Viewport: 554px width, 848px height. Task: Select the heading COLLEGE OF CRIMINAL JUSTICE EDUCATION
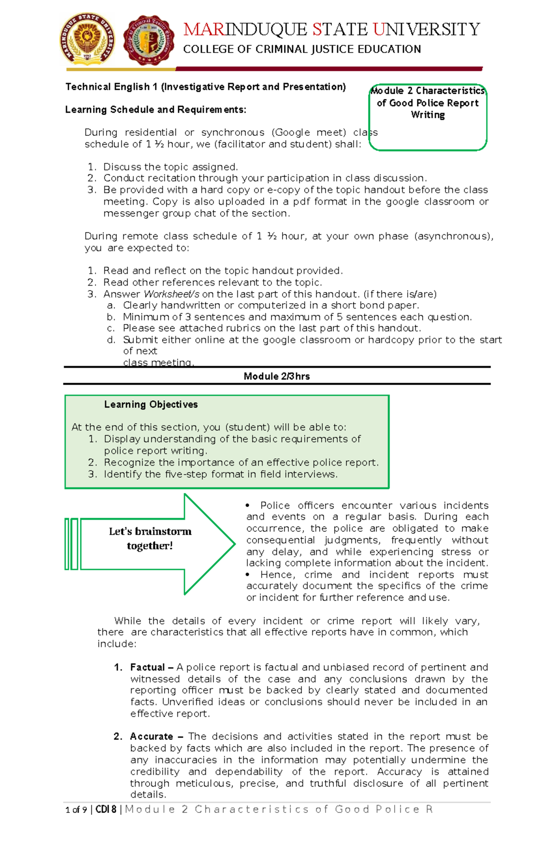[x=302, y=49]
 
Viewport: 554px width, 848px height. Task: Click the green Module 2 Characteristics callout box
[x=428, y=117]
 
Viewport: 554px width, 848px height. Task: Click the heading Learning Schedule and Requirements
[x=156, y=110]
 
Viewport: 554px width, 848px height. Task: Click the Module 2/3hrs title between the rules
[x=277, y=377]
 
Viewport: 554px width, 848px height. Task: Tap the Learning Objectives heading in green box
[x=151, y=405]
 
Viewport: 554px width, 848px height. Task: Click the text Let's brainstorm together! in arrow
[x=150, y=539]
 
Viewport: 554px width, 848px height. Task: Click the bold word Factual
[x=147, y=668]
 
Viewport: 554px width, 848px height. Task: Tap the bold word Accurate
[x=151, y=737]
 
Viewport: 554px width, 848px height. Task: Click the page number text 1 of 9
[x=76, y=810]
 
